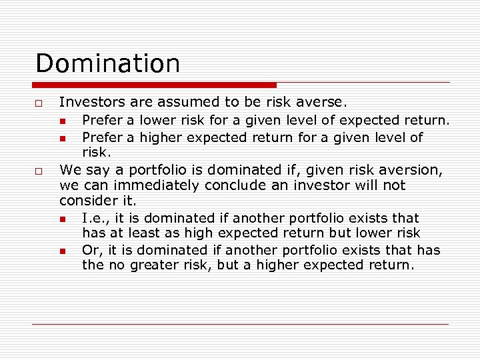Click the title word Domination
[x=107, y=63]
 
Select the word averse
[x=323, y=102]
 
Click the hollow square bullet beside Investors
[x=40, y=103]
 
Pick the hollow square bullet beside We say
[x=40, y=171]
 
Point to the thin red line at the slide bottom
[x=241, y=324]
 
